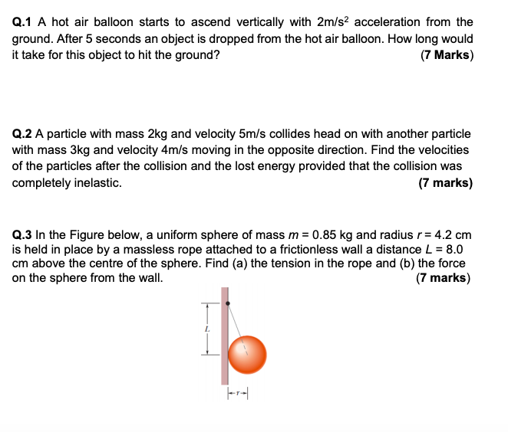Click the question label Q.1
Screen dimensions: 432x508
point(24,22)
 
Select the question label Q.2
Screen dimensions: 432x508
point(24,133)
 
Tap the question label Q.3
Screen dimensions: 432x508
point(24,234)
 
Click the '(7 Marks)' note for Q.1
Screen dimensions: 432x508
point(447,55)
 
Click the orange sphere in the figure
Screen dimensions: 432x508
point(247,354)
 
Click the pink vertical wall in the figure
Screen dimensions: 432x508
point(225,345)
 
